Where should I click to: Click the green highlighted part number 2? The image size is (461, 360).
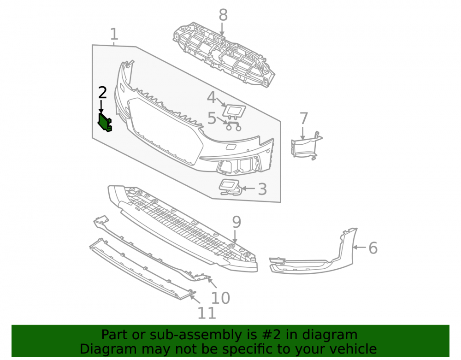click(104, 123)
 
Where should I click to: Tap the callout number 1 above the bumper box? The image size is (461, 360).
click(114, 35)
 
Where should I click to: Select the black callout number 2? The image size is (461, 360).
click(102, 93)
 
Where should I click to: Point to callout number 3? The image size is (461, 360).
click(262, 189)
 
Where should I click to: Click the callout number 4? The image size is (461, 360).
click(211, 97)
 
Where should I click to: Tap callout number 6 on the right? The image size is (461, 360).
click(373, 248)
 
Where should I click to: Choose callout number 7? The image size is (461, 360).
click(304, 118)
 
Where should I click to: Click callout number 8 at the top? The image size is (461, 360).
click(223, 15)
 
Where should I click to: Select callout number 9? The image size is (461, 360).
click(236, 222)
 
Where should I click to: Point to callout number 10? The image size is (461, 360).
click(220, 298)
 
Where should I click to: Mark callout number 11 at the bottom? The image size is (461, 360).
click(207, 313)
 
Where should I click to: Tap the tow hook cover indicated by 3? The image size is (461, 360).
click(230, 187)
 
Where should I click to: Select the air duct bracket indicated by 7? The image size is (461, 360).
click(306, 146)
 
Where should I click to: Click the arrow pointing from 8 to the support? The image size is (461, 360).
click(222, 30)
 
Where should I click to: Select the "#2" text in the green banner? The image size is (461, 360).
click(271, 335)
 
